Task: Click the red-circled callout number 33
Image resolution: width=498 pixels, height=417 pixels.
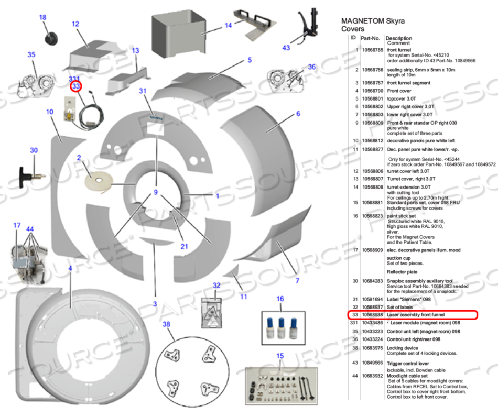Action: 77,86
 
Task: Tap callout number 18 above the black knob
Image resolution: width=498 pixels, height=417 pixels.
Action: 43,17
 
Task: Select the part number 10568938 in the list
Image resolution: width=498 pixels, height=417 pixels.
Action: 373,315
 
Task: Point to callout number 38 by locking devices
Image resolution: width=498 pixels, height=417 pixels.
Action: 167,325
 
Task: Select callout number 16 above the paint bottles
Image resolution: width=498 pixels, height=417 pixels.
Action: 280,299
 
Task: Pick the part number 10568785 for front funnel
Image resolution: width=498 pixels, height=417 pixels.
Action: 373,50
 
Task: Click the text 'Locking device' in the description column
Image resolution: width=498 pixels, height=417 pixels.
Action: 402,347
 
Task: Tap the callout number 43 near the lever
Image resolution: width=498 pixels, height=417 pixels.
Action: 286,48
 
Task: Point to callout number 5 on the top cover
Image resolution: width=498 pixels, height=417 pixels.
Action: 250,61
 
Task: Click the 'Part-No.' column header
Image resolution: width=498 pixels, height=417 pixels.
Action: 370,38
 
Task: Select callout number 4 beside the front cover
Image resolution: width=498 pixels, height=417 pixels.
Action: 70,268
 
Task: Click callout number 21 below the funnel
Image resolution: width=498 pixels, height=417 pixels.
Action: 184,246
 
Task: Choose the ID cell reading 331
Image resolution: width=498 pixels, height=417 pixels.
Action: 353,324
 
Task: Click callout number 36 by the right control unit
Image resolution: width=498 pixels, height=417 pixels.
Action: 312,67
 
